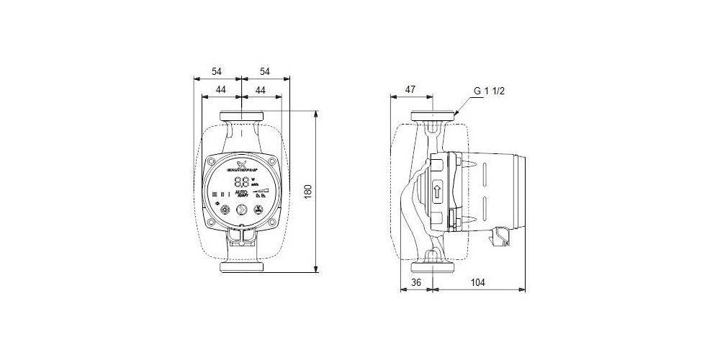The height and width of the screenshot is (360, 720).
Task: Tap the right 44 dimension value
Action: coord(260,90)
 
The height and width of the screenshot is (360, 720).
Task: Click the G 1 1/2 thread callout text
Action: coord(492,91)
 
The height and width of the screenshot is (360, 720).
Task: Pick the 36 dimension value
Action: coord(415,283)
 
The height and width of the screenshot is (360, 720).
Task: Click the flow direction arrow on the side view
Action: coord(437,192)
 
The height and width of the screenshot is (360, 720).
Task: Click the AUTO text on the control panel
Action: coord(242,193)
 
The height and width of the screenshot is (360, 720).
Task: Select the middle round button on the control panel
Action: coord(241,211)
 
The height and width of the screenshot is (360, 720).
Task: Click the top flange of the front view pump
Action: coord(241,117)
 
